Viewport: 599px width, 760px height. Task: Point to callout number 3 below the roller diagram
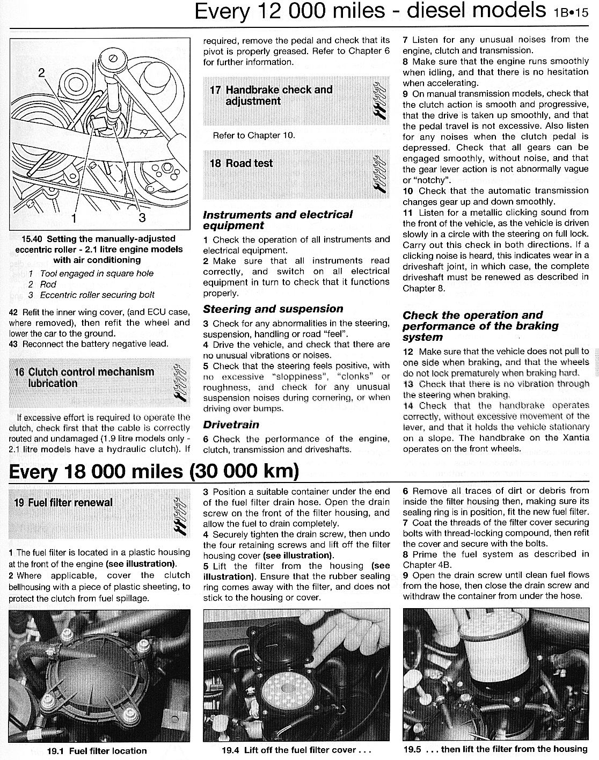point(142,217)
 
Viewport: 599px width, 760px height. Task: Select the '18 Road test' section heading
point(241,163)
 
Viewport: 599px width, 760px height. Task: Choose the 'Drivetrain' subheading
point(231,425)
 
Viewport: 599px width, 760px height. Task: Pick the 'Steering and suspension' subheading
point(273,309)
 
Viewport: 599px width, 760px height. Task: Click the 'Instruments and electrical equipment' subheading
point(277,220)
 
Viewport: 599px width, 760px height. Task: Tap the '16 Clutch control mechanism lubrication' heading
point(84,377)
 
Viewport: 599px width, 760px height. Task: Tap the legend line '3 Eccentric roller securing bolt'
point(92,295)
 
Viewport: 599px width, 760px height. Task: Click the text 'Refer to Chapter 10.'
point(253,135)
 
